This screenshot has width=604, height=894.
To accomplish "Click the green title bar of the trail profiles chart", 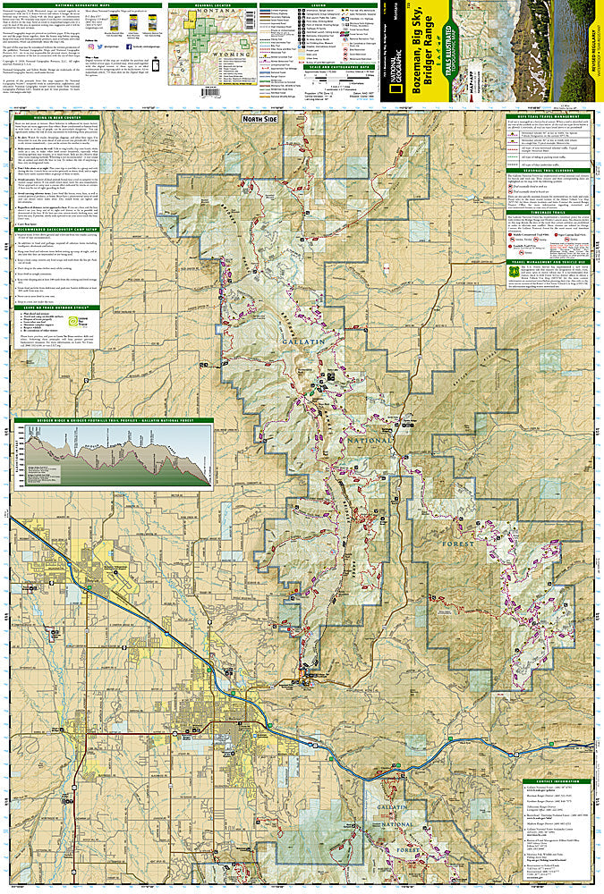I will (113, 420).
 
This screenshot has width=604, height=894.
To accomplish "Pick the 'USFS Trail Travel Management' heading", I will (556, 116).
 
